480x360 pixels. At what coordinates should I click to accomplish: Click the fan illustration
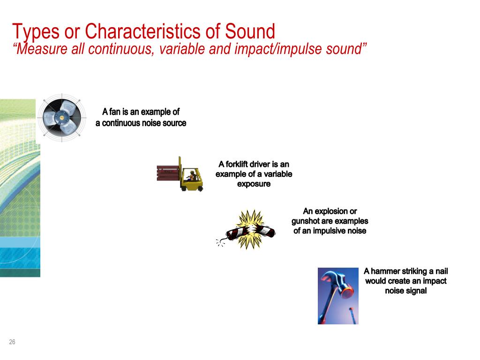[61, 117]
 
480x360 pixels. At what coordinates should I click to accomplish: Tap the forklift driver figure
[191, 176]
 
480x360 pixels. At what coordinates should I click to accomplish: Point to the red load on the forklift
[167, 173]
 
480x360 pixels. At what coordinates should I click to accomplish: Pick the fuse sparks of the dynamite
[219, 242]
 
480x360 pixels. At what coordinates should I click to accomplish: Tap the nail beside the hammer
[351, 315]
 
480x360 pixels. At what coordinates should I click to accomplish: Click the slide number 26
[12, 342]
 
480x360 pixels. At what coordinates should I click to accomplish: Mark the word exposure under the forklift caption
[254, 184]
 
